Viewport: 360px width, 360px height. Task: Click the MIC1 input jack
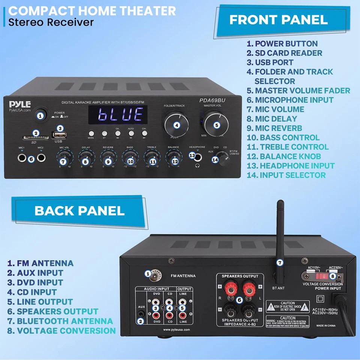22,158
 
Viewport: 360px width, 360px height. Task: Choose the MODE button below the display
91,133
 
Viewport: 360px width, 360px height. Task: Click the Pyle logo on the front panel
20,103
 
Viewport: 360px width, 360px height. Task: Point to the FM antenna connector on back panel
152,275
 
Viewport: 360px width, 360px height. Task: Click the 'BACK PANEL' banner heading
79,210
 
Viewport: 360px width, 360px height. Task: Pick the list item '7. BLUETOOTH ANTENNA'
60,321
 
